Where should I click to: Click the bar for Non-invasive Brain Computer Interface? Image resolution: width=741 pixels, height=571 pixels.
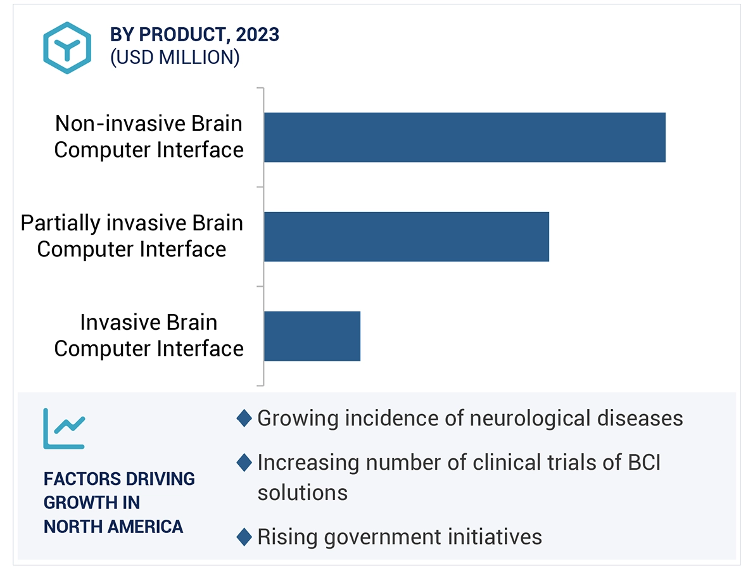point(464,137)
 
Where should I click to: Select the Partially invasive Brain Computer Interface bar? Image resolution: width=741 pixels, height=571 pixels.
point(406,236)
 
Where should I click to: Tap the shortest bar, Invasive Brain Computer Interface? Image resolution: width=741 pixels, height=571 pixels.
point(312,336)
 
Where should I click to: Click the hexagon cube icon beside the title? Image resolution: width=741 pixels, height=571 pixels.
point(67,47)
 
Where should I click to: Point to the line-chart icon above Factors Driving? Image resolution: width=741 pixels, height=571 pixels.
point(63,429)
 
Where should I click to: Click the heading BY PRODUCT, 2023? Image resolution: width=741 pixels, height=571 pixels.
point(194,34)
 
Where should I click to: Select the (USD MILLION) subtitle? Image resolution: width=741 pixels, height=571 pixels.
point(175,58)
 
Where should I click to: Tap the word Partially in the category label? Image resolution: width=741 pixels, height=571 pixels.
point(60,223)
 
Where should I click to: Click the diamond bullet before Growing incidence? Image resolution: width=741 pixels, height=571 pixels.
point(244,418)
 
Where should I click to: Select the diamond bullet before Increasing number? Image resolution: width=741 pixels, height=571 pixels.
point(244,463)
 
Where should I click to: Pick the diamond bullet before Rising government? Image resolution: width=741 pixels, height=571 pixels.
point(244,537)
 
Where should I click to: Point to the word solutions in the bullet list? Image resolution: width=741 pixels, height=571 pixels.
point(302,493)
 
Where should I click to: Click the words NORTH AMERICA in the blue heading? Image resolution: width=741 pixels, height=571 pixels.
point(113,526)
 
